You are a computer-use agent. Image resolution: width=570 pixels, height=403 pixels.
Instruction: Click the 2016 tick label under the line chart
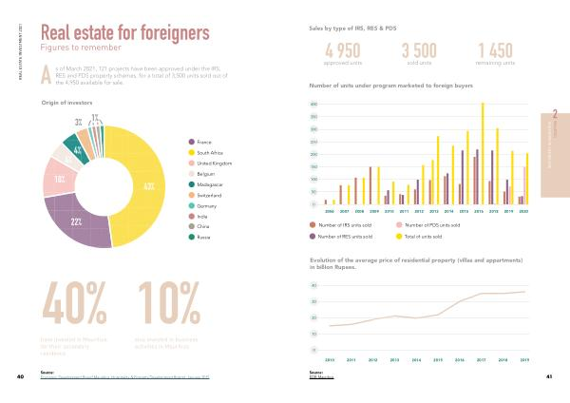460,360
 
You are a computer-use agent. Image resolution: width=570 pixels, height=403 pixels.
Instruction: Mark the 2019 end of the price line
524,292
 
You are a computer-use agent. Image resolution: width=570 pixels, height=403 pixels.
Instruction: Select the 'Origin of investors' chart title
65,103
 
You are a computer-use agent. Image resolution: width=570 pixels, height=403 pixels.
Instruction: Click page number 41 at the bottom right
549,377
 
